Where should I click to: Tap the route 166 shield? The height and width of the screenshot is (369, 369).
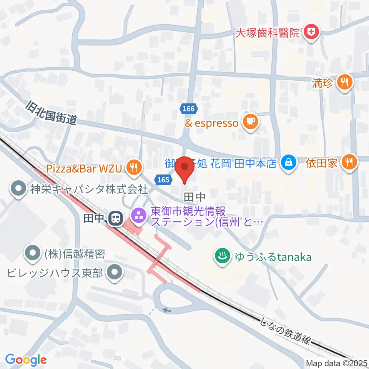point(189,109)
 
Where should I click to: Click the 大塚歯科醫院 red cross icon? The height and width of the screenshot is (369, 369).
point(311,32)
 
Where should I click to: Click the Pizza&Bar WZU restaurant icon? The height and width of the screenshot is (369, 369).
point(133,167)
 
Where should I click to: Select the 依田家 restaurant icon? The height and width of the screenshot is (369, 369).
point(349,163)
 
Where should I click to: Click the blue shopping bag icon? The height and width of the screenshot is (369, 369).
point(288,163)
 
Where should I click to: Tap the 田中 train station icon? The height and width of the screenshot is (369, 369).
point(115,219)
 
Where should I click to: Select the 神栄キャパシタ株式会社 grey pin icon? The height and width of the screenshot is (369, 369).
point(18,189)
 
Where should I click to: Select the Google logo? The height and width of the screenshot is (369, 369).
point(26,359)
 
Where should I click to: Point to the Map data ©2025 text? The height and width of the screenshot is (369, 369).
point(337,363)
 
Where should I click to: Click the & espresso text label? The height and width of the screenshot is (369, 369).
point(212,123)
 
